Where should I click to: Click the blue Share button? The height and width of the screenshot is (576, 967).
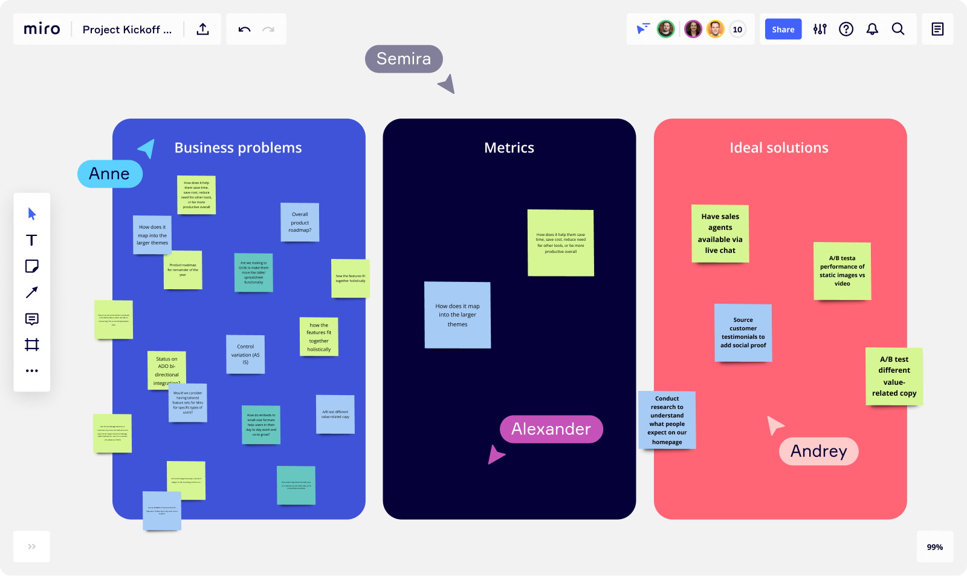tap(783, 29)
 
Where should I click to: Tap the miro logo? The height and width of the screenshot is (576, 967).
tap(42, 29)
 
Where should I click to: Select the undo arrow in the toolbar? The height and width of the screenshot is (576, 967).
tap(244, 29)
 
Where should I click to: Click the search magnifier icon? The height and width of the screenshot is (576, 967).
tap(898, 29)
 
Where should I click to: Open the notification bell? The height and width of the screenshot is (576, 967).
tap(872, 29)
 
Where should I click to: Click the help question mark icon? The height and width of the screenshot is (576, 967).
tap(846, 29)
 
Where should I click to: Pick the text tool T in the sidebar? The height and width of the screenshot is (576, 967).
tap(32, 240)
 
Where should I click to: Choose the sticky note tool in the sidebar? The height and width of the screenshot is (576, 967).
tap(32, 266)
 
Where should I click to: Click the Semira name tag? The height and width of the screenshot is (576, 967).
tap(404, 59)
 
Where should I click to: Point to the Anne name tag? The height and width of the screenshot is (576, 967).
tap(109, 174)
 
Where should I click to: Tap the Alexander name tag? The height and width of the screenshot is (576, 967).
tap(551, 429)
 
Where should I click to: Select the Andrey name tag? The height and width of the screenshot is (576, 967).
tap(819, 451)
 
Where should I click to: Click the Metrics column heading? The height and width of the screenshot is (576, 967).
tap(509, 148)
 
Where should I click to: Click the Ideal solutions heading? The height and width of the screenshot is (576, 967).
tap(779, 148)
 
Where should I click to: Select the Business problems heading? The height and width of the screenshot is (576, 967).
tap(238, 148)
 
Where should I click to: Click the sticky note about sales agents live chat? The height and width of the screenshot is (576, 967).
tap(720, 234)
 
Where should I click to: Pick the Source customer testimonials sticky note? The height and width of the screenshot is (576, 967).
tap(743, 333)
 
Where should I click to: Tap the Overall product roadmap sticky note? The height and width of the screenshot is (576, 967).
tap(300, 222)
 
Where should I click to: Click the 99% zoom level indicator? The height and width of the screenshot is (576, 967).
tap(934, 547)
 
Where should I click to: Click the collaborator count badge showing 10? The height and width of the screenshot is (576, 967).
tap(737, 29)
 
